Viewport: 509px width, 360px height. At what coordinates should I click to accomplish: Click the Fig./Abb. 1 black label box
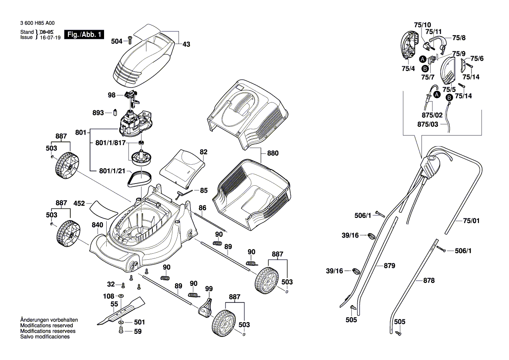point(84,34)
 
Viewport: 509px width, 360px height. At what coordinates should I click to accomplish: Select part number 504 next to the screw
point(116,41)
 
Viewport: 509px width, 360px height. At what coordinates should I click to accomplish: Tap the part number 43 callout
point(186,44)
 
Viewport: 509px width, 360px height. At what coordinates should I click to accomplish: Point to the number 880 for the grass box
point(273,153)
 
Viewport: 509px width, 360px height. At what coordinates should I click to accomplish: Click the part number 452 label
point(79,203)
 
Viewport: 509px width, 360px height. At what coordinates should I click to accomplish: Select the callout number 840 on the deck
point(98,225)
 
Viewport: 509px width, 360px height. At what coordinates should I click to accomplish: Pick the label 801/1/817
point(111,143)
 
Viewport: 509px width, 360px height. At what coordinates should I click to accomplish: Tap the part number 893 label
point(98,113)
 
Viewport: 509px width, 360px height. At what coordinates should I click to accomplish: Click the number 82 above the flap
point(203,152)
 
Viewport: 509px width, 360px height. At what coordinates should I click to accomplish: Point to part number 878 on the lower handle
point(429,281)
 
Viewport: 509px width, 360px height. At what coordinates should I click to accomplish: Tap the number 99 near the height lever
point(209,289)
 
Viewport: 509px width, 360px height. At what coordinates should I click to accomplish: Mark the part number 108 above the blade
point(108,296)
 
